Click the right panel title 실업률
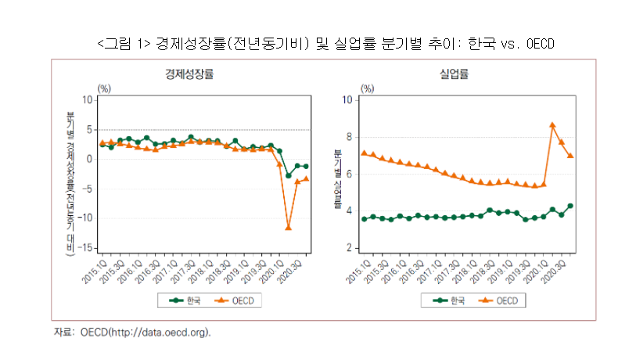pyautogui.click(x=455, y=75)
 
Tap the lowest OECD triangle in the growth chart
pyautogui.click(x=289, y=228)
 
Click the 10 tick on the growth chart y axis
pyautogui.click(x=88, y=100)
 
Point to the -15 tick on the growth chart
pyautogui.click(x=87, y=248)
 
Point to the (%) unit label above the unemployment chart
pyautogui.click(x=368, y=89)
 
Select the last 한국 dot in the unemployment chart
pyautogui.click(x=570, y=206)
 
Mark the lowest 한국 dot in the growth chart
pyautogui.click(x=289, y=175)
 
